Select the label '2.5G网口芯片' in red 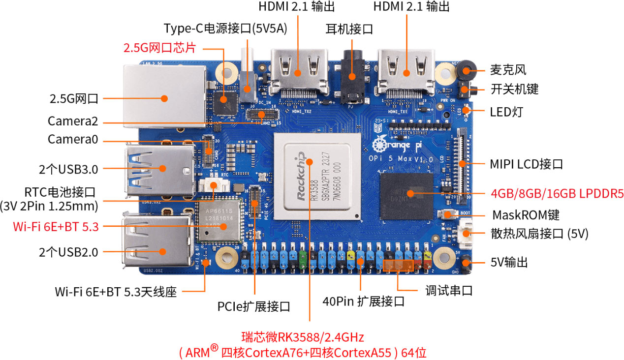(160, 48)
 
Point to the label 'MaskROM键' (526, 215)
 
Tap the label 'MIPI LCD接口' (526, 163)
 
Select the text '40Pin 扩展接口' (363, 301)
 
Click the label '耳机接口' (349, 29)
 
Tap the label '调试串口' (449, 290)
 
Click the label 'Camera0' (72, 139)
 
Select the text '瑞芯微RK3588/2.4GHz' (303, 337)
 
